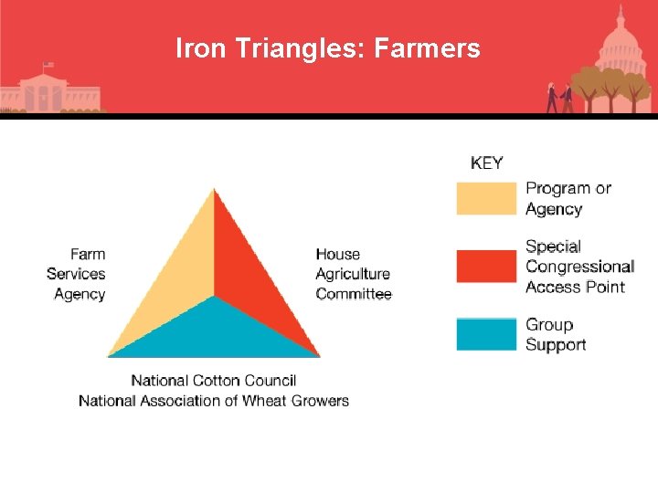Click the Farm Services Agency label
point(77,274)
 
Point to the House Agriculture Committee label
point(353,274)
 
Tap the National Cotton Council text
point(214,380)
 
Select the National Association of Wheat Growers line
point(214,400)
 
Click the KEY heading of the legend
point(486,163)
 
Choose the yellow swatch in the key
point(486,198)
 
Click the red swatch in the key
point(486,266)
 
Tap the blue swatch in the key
point(486,334)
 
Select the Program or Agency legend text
point(568,198)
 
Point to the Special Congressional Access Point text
point(579,266)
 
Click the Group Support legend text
point(556,334)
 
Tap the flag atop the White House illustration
point(48,66)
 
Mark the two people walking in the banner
point(559,97)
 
